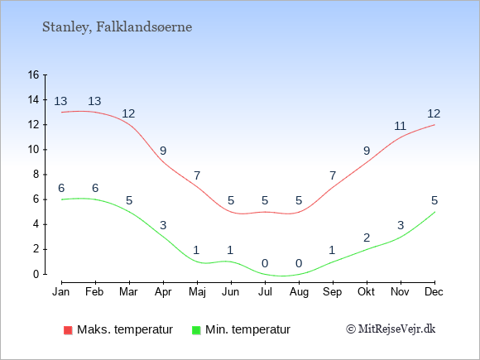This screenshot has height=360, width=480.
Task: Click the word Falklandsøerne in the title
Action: point(144,26)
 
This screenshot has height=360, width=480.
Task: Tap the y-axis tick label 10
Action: point(33,150)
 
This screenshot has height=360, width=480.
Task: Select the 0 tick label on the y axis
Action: point(36,274)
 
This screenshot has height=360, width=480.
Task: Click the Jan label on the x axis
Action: point(61,292)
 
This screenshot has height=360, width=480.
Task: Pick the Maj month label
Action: point(197,292)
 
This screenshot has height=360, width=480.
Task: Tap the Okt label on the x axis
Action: point(366,292)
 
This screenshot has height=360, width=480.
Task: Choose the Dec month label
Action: point(434,292)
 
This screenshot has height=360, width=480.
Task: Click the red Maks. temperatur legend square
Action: point(68,330)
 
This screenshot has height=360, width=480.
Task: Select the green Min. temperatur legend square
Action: point(196,330)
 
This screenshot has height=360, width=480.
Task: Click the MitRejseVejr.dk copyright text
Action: point(391,329)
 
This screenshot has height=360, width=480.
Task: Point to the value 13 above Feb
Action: point(94,101)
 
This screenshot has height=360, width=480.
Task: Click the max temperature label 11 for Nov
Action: point(400,126)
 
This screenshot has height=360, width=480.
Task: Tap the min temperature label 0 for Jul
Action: point(265,263)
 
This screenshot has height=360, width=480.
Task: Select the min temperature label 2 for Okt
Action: point(367,238)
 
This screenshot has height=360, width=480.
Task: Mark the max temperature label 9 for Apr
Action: point(163,151)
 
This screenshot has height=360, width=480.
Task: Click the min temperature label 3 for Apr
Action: point(163,226)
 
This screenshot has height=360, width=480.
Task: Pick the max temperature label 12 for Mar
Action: point(128,114)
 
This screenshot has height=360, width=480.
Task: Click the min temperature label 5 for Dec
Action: point(434,201)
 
